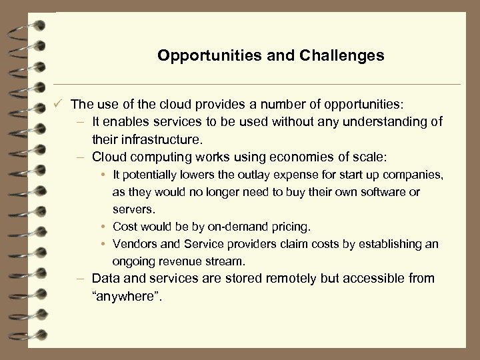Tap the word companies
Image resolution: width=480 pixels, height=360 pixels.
click(x=415, y=175)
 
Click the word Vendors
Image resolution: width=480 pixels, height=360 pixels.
click(x=134, y=244)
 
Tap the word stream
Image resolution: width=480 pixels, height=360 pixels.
click(x=230, y=261)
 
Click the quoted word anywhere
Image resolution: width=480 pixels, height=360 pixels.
click(x=127, y=295)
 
